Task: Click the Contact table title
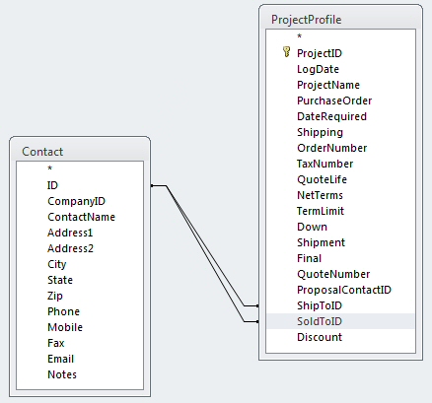42,152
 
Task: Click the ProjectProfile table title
306,20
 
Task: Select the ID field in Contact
52,185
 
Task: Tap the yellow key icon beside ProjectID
286,52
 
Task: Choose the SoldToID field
320,321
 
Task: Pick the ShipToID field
320,305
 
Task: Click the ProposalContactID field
344,290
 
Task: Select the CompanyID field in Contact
76,201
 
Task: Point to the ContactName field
81,217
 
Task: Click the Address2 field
70,248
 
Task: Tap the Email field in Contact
60,359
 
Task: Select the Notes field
62,374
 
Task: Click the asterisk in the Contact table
50,168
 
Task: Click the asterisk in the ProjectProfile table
299,36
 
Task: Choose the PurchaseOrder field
334,101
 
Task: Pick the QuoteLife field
322,179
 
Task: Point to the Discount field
320,337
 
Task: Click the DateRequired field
331,116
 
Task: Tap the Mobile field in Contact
65,327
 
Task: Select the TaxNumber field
324,164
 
